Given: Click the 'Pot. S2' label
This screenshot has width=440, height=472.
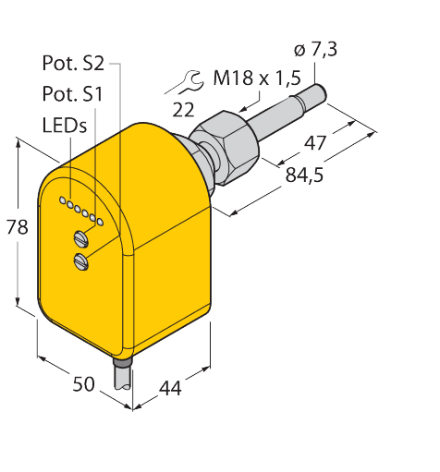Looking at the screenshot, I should (x=75, y=64).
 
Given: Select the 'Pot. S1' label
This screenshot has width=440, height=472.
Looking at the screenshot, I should (x=74, y=94).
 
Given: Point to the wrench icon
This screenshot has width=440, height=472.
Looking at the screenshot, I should (x=181, y=85).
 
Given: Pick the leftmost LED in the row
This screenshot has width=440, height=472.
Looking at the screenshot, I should (x=62, y=200).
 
